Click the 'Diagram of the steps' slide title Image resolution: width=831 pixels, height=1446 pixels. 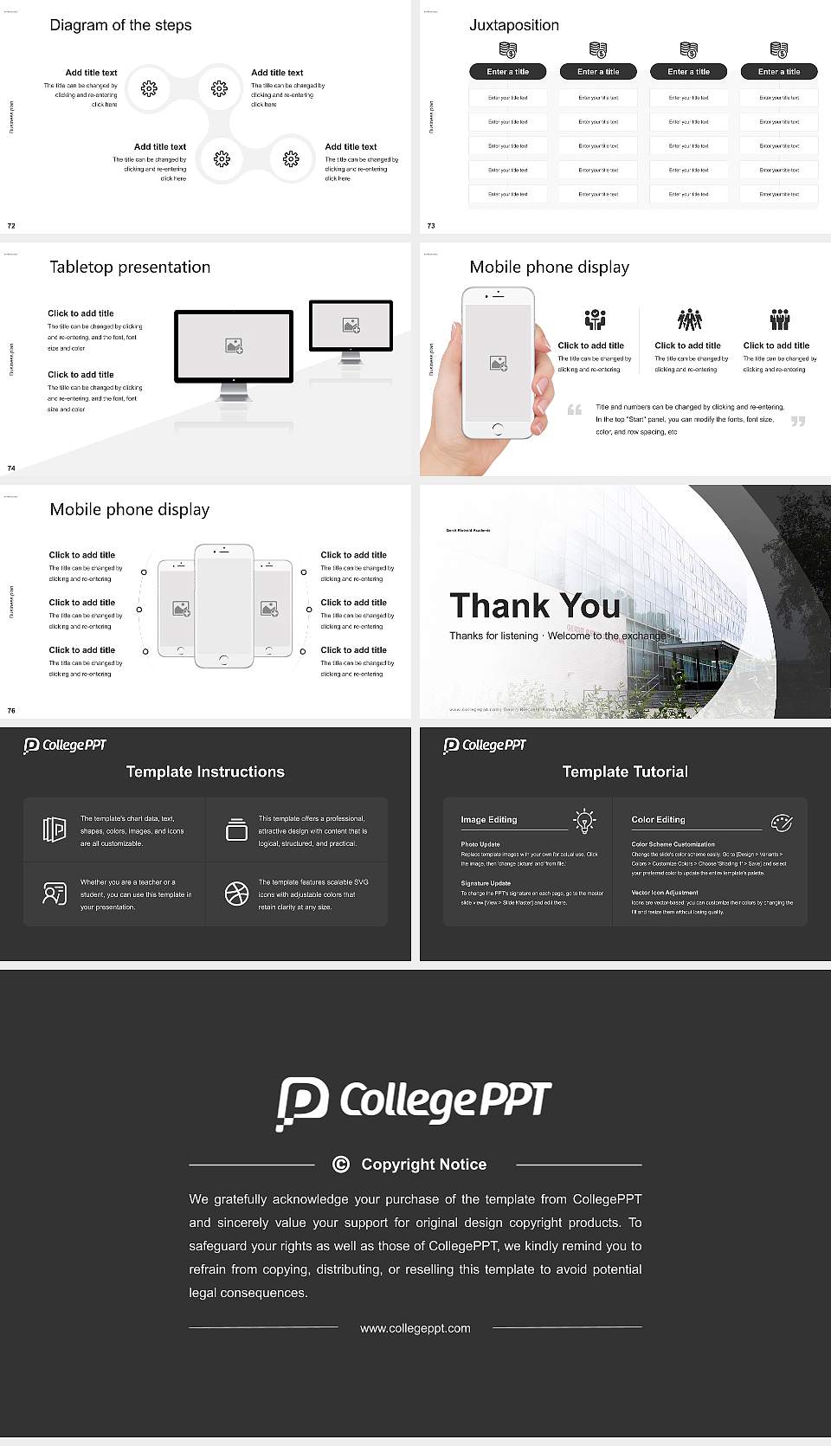pyautogui.click(x=120, y=25)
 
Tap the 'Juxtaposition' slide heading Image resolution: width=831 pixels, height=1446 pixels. pyautogui.click(x=513, y=25)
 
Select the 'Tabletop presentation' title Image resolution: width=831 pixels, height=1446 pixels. pyautogui.click(x=130, y=267)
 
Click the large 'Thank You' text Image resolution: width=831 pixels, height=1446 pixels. pyautogui.click(x=535, y=606)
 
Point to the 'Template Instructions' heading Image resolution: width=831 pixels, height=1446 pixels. pyautogui.click(x=205, y=771)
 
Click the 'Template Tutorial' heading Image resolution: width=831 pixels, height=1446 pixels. pyautogui.click(x=625, y=771)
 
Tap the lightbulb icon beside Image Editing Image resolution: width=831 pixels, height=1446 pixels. pyautogui.click(x=584, y=821)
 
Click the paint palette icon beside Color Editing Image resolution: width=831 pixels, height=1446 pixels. pyautogui.click(x=782, y=823)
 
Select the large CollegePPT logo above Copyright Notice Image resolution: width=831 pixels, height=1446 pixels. pyautogui.click(x=414, y=1102)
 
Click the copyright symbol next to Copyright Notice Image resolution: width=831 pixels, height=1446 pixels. pyautogui.click(x=341, y=1165)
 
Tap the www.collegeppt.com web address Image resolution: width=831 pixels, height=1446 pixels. pyautogui.click(x=415, y=1328)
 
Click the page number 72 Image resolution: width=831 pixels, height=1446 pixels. pyautogui.click(x=11, y=226)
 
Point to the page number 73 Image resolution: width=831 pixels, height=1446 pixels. pyautogui.click(x=431, y=226)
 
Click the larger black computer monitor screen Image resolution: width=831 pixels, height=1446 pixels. pyautogui.click(x=234, y=346)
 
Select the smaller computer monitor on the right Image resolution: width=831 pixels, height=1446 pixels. pyautogui.click(x=351, y=326)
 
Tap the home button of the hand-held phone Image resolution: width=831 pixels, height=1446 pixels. pyautogui.click(x=497, y=429)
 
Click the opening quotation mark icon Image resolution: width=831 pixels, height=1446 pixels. pyautogui.click(x=575, y=410)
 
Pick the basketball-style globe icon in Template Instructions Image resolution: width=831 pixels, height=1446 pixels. pyautogui.click(x=236, y=894)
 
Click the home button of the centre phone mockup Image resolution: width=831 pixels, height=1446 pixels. pyautogui.click(x=223, y=660)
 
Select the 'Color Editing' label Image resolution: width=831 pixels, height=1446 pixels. pyautogui.click(x=658, y=819)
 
